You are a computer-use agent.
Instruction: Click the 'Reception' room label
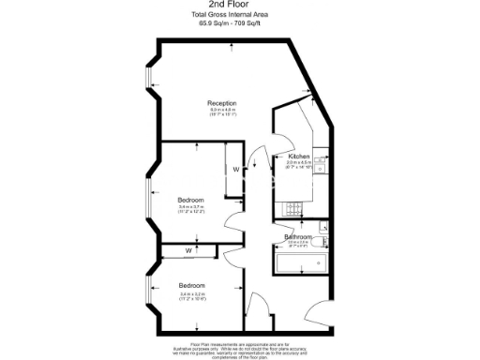[221, 103]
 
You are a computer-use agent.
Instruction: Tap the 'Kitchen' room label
[299, 156]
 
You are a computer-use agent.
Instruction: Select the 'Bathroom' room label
[298, 237]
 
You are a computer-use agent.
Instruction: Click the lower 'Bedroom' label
[192, 285]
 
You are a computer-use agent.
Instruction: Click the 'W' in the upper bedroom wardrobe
[235, 169]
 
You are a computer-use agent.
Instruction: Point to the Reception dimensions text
[221, 113]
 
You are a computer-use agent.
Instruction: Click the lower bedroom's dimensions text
[192, 296]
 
